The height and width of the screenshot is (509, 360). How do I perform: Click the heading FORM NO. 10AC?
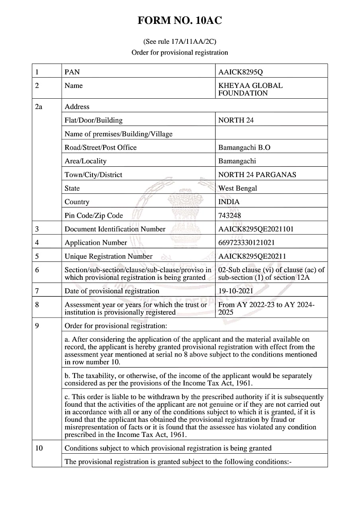point(180,21)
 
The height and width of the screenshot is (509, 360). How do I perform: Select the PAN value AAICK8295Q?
point(241,72)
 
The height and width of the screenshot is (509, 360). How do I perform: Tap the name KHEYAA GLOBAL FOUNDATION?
point(250,89)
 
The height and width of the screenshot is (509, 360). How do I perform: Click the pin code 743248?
point(229,215)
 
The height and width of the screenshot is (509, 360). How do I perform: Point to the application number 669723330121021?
point(247,242)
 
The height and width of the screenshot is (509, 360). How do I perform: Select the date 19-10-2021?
point(235,291)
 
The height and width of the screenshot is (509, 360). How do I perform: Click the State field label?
point(72,188)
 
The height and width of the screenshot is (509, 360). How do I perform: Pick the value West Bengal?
point(238,188)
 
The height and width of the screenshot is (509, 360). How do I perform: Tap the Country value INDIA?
point(229,202)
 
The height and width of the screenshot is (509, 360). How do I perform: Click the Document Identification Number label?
point(115,229)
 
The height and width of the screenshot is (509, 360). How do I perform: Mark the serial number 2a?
point(39,107)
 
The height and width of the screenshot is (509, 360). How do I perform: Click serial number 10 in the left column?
point(39,448)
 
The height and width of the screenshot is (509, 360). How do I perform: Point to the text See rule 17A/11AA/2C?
point(180,41)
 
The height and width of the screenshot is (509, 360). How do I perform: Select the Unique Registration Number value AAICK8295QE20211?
point(252,256)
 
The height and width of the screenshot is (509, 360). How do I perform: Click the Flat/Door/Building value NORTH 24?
point(236,120)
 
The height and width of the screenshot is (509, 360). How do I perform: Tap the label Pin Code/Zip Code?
point(94,215)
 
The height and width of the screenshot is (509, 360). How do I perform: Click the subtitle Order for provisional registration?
point(180,53)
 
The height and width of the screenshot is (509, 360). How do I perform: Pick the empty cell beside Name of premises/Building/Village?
point(271,134)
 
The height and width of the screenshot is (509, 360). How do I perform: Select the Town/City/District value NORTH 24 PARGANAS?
point(257,175)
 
